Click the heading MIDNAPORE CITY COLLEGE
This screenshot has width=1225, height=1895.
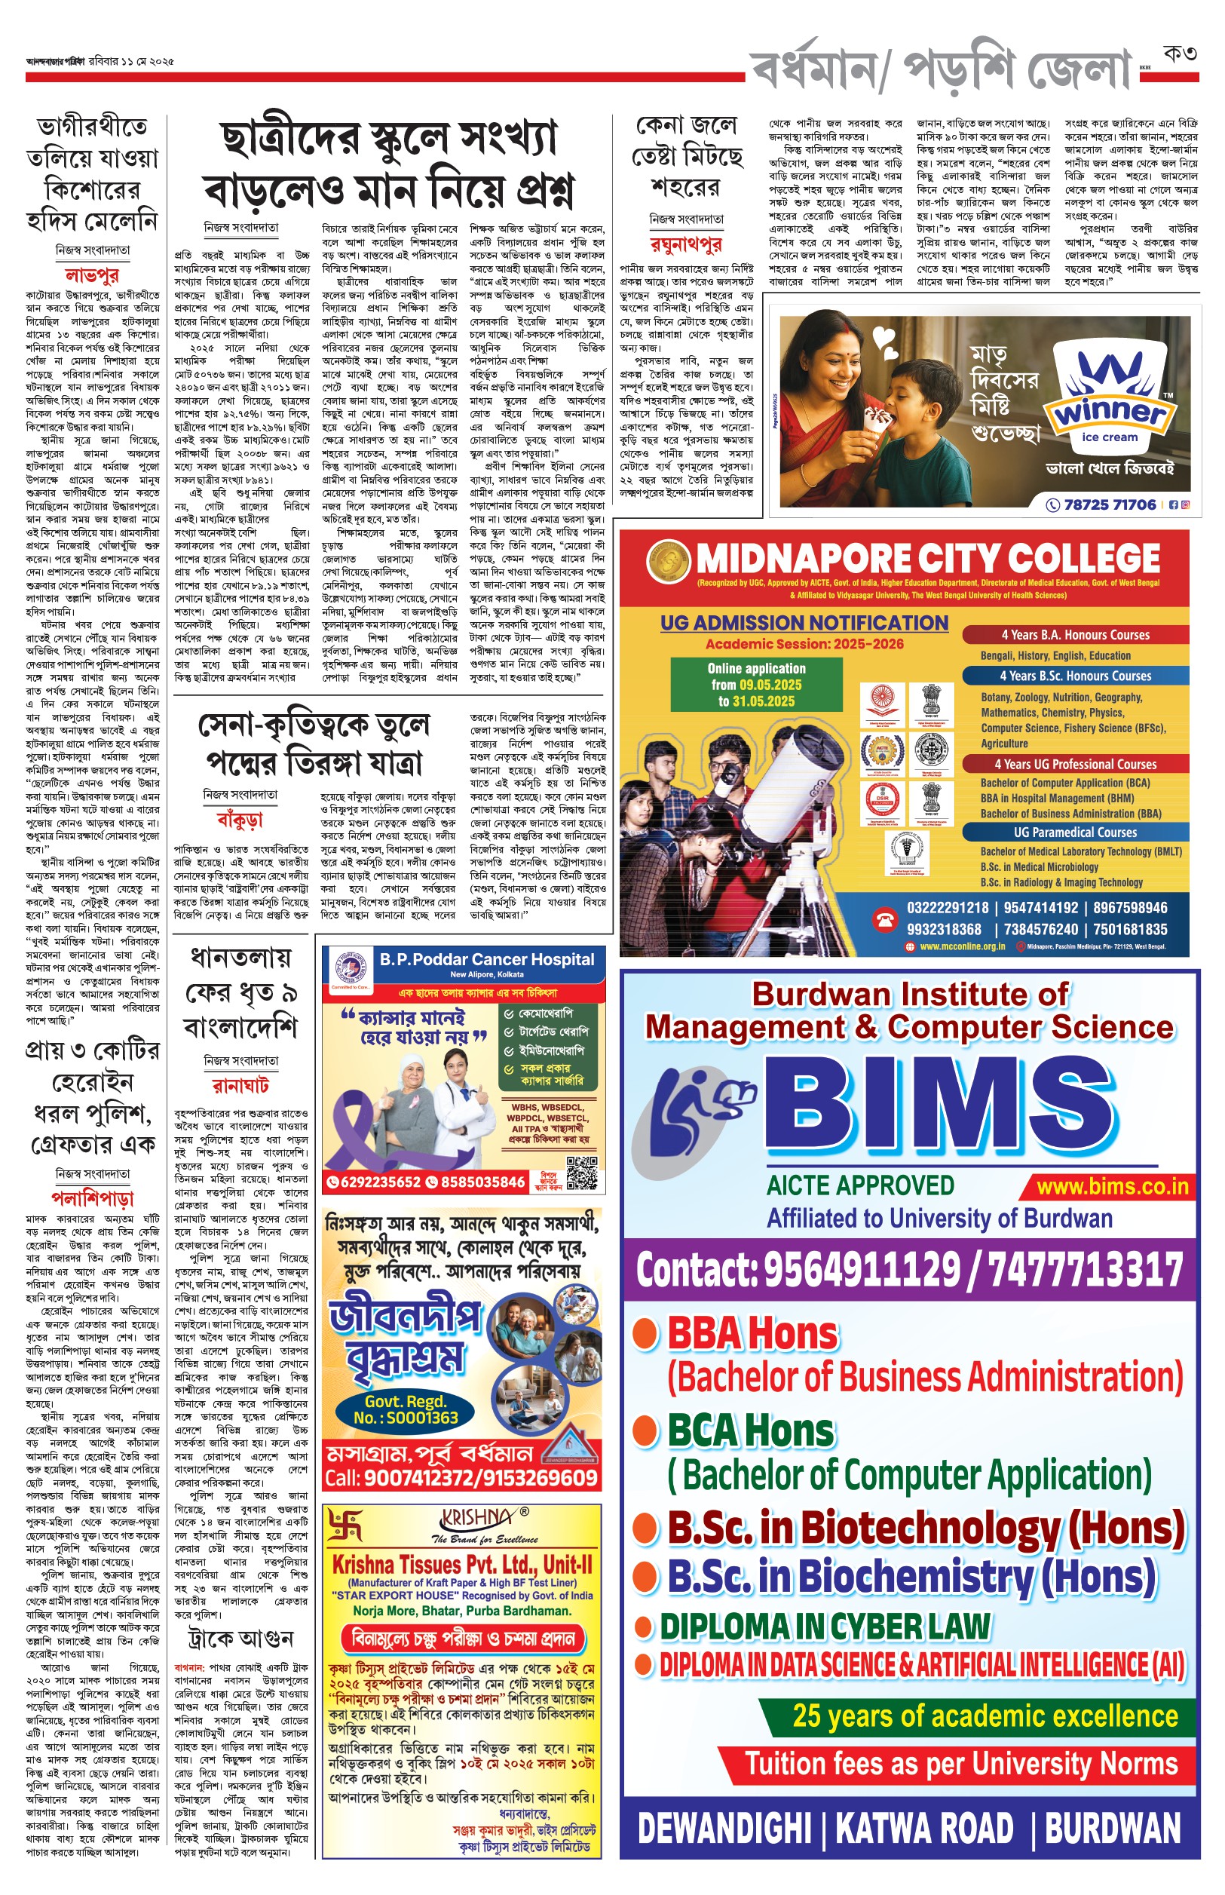927,559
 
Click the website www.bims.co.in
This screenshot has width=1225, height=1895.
1112,1187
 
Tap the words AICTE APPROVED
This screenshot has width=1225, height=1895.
860,1185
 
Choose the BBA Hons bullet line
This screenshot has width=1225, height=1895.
752,1333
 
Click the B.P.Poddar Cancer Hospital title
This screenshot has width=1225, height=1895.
487,959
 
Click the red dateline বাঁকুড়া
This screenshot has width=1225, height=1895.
240,819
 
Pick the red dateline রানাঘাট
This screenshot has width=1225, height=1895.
240,1085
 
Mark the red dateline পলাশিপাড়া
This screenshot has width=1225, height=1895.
92,1197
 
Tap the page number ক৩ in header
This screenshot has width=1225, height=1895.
1179,54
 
